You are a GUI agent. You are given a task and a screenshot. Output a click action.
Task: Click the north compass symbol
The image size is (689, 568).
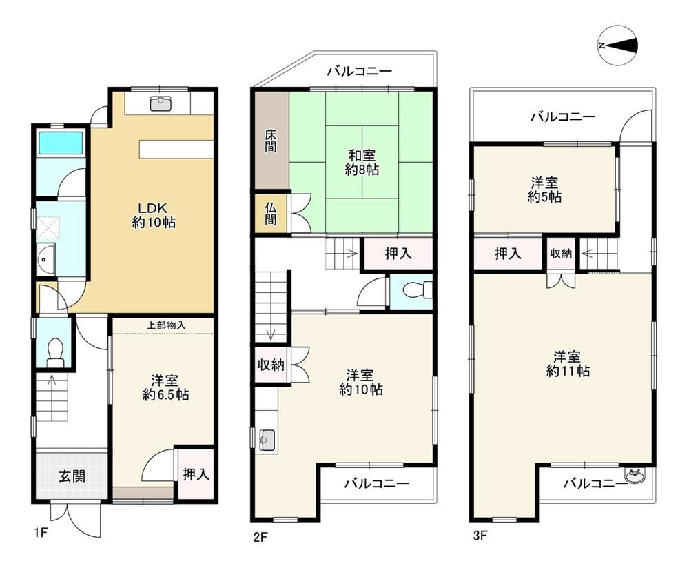pyautogui.click(x=618, y=45)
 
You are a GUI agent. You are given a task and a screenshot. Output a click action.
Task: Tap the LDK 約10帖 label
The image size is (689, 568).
pyautogui.click(x=154, y=215)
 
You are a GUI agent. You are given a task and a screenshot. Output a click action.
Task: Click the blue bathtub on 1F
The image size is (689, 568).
pyautogui.click(x=61, y=143)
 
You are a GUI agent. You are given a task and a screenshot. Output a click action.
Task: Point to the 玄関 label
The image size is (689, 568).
pyautogui.click(x=72, y=476)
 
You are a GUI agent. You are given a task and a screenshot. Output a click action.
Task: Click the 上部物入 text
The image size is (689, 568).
pyautogui.click(x=165, y=325)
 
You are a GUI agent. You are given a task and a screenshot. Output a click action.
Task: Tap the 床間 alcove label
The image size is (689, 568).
pyautogui.click(x=271, y=141)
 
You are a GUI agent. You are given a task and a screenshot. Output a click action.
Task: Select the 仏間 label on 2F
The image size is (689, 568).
pyautogui.click(x=271, y=214)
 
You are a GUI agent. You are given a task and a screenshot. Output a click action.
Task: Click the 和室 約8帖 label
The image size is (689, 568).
pyautogui.click(x=362, y=162)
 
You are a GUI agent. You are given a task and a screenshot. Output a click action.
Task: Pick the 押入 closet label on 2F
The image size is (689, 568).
pyautogui.click(x=398, y=253)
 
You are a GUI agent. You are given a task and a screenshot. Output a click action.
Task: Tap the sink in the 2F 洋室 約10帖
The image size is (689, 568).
pyautogui.click(x=267, y=440)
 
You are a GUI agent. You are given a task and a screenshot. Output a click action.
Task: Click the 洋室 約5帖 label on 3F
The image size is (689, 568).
pyautogui.click(x=544, y=190)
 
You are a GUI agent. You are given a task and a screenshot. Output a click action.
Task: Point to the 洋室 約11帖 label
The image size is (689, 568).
pyautogui.click(x=567, y=363)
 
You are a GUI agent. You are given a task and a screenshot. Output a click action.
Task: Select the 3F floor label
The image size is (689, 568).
pyautogui.click(x=480, y=536)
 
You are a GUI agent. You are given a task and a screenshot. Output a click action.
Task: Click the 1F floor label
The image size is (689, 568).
pyautogui.click(x=41, y=533)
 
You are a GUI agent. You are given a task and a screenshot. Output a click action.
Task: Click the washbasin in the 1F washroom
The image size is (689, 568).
pyautogui.click(x=45, y=259)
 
